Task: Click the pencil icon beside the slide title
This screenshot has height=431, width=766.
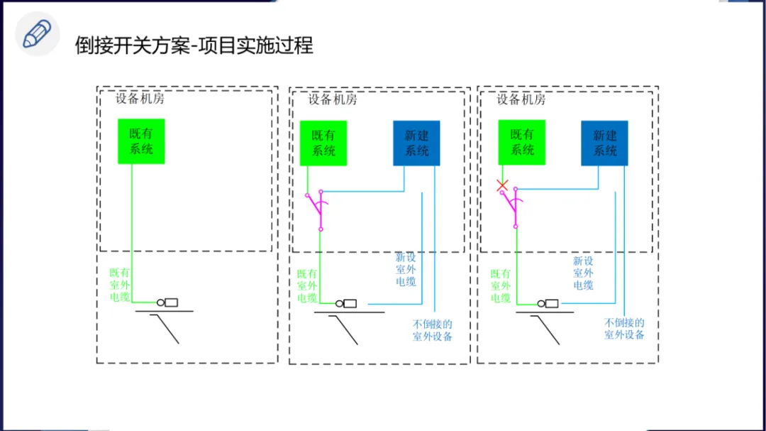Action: coord(37,35)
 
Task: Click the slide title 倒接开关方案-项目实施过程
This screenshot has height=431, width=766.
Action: coord(194,45)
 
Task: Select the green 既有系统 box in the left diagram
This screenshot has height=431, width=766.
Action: coord(141,141)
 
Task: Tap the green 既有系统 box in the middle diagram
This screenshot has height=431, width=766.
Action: coord(323,143)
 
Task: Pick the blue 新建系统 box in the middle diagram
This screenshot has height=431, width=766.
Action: coord(416,143)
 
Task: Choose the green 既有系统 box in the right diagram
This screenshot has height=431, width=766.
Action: coord(521,142)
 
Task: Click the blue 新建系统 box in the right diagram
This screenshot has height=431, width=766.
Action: coord(604,143)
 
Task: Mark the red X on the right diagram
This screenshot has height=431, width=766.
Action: coord(502,186)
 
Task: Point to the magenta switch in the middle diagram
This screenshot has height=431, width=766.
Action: coord(316,209)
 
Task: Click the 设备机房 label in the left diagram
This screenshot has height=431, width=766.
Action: coord(140,99)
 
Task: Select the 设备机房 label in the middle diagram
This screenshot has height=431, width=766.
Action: coord(333,99)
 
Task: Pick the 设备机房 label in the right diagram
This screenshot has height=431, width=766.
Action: coord(521,99)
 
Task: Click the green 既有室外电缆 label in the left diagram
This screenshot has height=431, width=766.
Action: coord(120,285)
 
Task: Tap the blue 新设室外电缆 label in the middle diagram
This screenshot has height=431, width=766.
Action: coord(406,270)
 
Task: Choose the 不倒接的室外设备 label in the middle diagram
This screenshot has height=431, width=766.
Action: coord(433,330)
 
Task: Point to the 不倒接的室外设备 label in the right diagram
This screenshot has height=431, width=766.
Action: coord(624,328)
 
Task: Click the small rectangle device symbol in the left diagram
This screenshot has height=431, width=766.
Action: coord(171,302)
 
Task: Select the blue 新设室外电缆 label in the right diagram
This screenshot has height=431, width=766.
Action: coord(583,273)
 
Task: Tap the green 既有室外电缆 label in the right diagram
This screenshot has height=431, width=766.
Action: coord(501,285)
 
